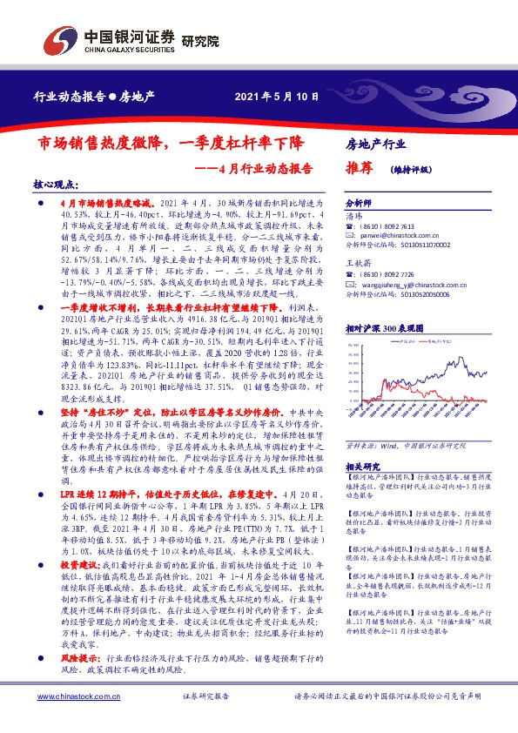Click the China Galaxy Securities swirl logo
tap(57, 41)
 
